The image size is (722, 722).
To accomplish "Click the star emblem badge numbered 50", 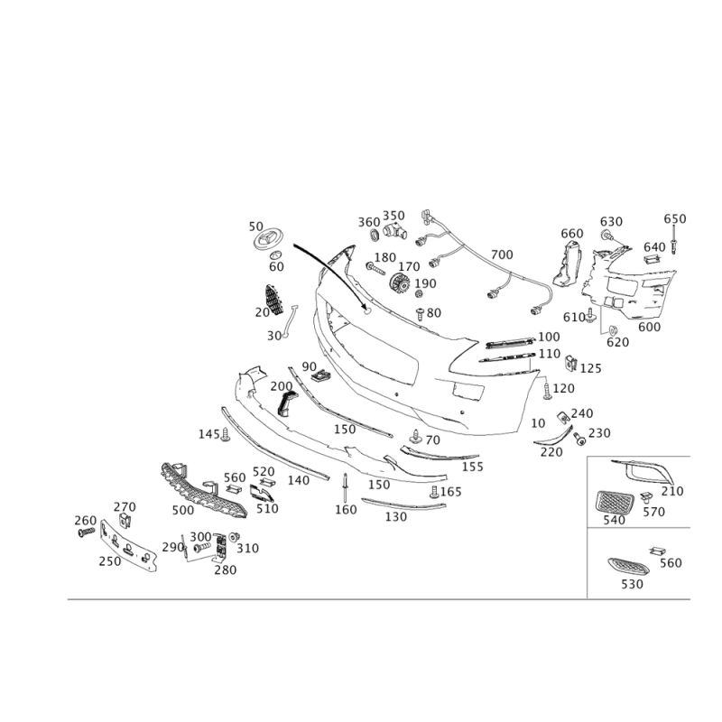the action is pos(268,240).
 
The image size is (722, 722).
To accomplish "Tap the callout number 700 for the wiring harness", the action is pos(502,255).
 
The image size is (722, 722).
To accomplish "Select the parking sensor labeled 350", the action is pos(394,230).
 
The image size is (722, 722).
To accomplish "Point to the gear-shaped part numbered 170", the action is pos(399,284).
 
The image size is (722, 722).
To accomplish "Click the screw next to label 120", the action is pos(547,389).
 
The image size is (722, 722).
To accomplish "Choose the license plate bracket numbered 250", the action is pos(128,546).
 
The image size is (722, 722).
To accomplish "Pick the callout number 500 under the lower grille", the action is pos(183,510).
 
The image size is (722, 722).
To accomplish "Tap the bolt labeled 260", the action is pos(86,532).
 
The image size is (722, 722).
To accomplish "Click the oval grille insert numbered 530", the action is pos(627,567).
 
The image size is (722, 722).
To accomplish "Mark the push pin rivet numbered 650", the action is pos(675,240).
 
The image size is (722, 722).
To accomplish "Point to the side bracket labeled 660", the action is pos(568,264).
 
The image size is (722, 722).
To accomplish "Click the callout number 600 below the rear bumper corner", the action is pos(649,327).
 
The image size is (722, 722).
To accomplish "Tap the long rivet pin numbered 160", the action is pos(345,488).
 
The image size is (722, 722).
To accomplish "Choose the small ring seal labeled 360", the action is pos(374,235).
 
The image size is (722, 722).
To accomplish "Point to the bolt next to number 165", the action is pos(434,492).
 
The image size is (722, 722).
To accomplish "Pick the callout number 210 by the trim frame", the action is pos(672,491).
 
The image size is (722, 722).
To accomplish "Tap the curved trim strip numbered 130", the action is pos(403,504).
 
